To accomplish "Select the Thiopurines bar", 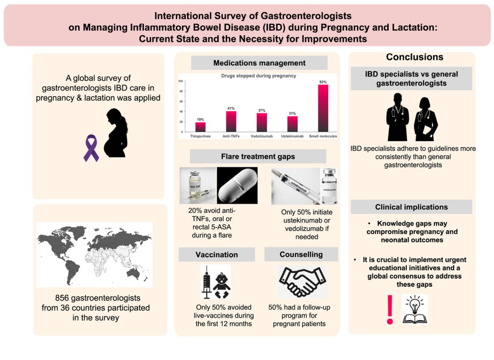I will (200, 127).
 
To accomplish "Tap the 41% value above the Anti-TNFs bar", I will (231, 108).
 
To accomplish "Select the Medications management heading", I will (259, 63).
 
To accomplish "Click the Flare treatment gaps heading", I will (258, 156).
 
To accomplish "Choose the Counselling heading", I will (301, 255).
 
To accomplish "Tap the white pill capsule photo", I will (237, 185).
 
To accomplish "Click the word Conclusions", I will (414, 57).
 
